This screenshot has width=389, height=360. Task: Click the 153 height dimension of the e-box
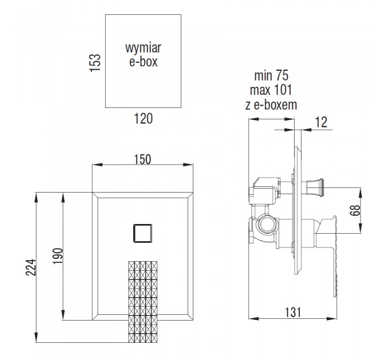pyautogui.click(x=95, y=63)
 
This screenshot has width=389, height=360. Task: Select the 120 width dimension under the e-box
pyautogui.click(x=144, y=118)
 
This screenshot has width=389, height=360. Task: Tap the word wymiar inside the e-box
pyautogui.click(x=143, y=48)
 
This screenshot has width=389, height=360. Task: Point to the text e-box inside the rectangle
pyautogui.click(x=144, y=62)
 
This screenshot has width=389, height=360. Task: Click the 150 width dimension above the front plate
pyautogui.click(x=142, y=159)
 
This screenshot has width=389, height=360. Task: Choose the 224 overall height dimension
pyautogui.click(x=31, y=267)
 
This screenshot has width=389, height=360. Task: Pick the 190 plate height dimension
pyautogui.click(x=58, y=256)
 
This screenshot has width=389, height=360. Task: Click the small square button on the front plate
pyautogui.click(x=142, y=233)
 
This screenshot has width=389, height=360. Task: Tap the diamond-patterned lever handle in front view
pyautogui.click(x=143, y=302)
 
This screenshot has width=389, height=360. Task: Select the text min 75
pyautogui.click(x=271, y=75)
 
